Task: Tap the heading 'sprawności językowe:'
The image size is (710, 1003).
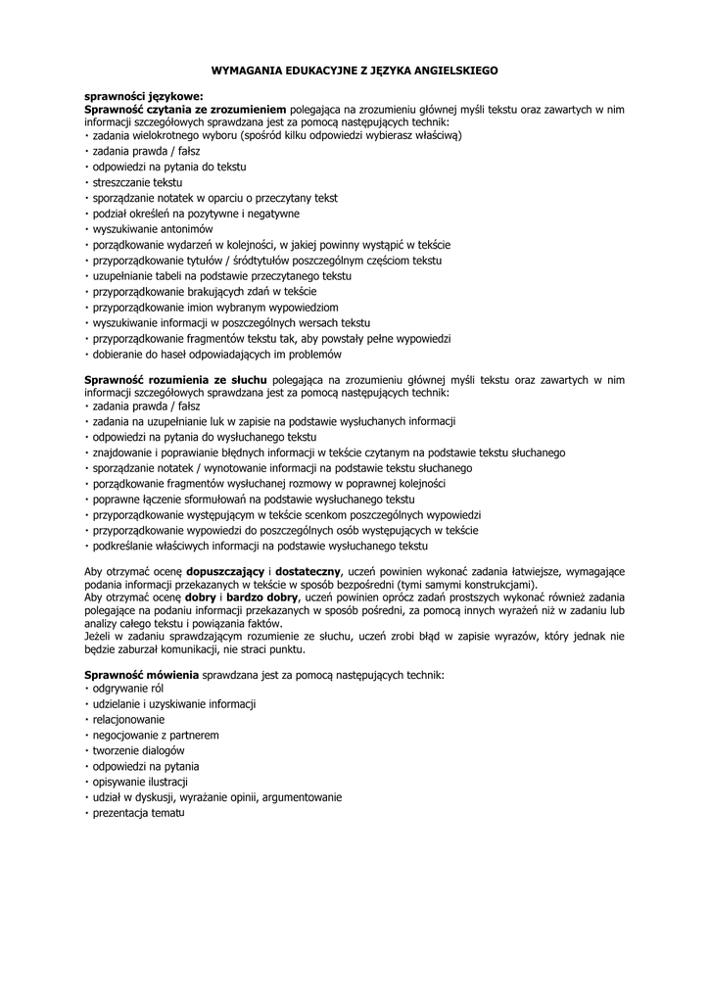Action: click(143, 97)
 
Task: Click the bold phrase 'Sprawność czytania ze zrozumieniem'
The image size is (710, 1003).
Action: click(186, 110)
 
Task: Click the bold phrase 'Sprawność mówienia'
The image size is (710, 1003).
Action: click(142, 676)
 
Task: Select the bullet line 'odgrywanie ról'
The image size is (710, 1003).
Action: click(127, 689)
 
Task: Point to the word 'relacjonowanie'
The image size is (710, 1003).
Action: click(127, 719)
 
